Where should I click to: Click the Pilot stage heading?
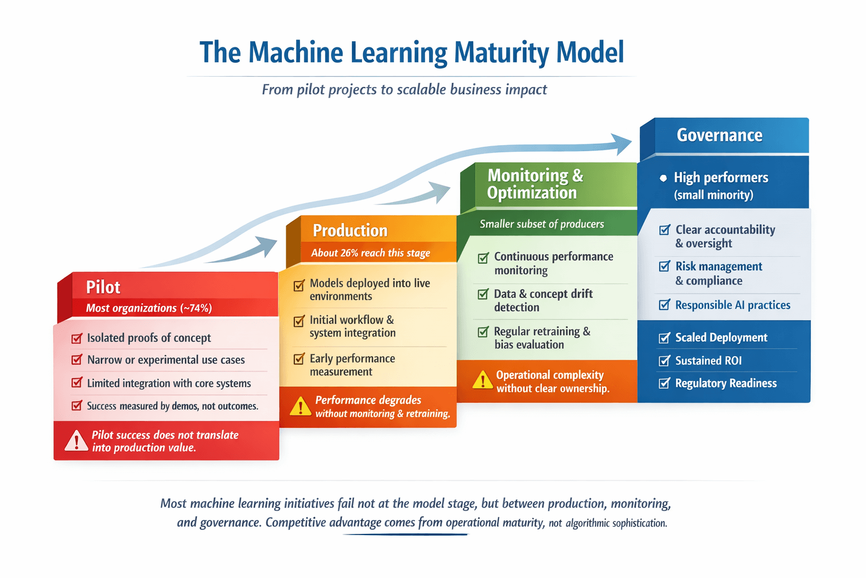point(103,287)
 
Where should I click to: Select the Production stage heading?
point(350,230)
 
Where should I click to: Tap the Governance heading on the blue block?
point(719,135)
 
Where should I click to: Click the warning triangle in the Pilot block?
point(76,441)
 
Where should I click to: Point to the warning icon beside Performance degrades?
point(301,406)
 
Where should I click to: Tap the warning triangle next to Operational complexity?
point(483,381)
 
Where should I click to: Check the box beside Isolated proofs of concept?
point(77,338)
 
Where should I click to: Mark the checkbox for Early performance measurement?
point(299,359)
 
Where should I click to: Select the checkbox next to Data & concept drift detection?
point(483,294)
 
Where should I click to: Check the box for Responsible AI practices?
point(665,305)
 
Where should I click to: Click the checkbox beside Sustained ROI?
point(665,361)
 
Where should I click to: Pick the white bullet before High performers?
point(663,178)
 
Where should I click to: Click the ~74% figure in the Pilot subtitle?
point(196,308)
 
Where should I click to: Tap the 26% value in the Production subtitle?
point(350,253)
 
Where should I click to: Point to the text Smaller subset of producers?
point(542,224)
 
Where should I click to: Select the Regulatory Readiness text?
point(726,383)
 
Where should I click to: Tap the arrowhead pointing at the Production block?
point(266,247)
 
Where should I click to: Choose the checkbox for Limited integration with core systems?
point(77,383)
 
